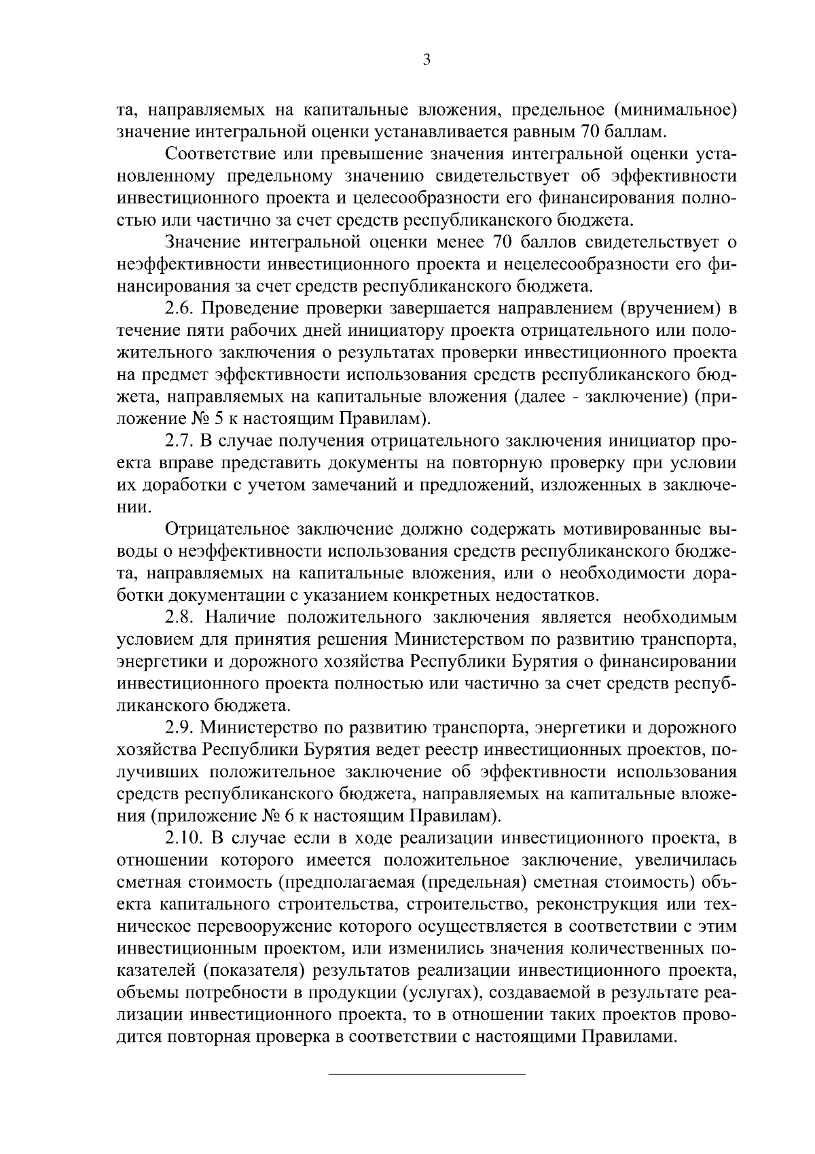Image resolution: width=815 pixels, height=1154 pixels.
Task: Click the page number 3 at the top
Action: click(426, 60)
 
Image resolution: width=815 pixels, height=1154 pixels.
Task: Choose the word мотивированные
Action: click(604, 529)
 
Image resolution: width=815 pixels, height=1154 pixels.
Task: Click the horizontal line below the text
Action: click(427, 1074)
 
